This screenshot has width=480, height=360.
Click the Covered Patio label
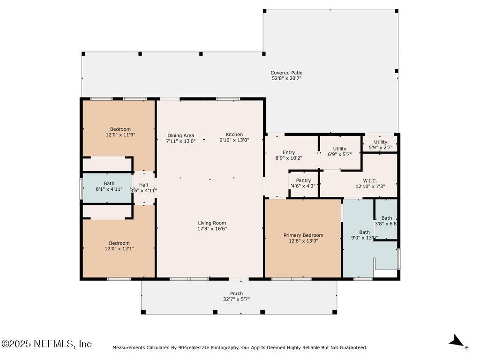coord(286,73)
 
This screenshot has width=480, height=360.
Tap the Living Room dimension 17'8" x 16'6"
coord(212,229)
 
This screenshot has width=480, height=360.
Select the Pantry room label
coord(303,180)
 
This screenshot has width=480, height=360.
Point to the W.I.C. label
coord(370,180)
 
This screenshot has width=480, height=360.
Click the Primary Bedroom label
coord(303,235)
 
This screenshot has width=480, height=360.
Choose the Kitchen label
coord(234,135)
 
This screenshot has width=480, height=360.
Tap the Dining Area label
coord(180,135)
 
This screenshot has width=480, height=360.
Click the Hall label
coord(143,185)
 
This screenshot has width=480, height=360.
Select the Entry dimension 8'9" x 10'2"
coord(289,158)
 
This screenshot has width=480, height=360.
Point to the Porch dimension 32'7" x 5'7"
coord(236,299)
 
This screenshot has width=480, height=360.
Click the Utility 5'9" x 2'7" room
coord(380,143)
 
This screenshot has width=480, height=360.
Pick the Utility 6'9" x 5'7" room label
coord(339,149)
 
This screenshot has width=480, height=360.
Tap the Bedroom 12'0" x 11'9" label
coord(120,129)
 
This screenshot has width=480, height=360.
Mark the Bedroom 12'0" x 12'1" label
coord(119,243)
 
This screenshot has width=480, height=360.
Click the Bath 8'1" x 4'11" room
coord(107,187)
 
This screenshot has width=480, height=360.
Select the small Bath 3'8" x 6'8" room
coord(386,219)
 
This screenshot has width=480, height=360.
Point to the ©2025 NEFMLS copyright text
coord(46,344)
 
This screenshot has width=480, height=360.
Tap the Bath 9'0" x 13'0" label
coord(364,232)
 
